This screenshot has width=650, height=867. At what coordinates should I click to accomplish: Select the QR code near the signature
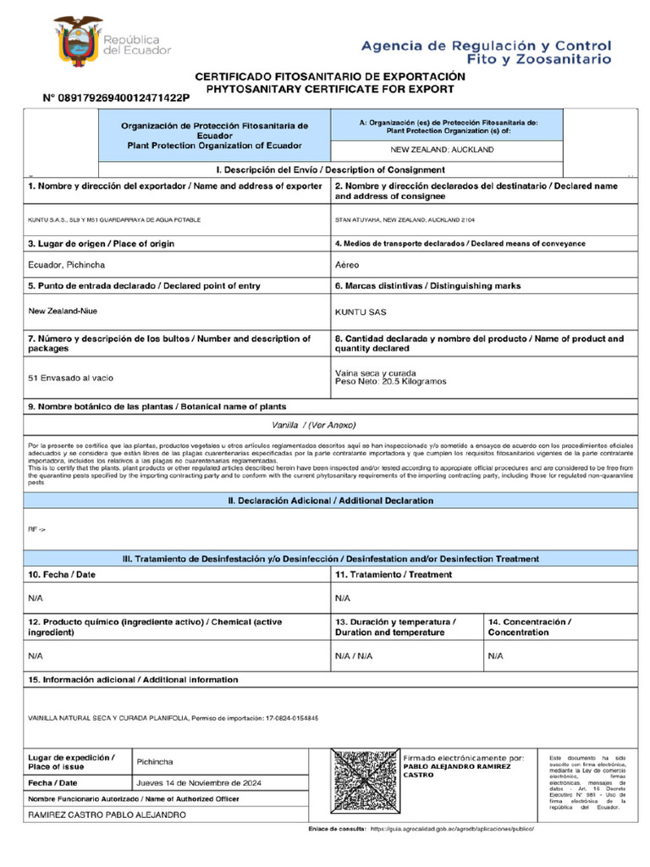pos(364,781)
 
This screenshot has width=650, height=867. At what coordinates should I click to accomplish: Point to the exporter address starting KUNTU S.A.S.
pos(115,220)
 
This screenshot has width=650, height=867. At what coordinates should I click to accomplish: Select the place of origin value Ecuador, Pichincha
pos(67,265)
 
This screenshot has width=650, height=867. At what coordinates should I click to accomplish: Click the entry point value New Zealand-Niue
pos(63,311)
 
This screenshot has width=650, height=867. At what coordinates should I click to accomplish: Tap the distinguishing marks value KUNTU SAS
pos(361,312)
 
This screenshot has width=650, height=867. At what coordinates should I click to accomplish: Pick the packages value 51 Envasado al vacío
pos(71,377)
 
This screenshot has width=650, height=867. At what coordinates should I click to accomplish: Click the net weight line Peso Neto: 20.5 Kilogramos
pos(391,382)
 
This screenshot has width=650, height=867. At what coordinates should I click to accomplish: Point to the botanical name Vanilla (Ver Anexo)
pos(314,424)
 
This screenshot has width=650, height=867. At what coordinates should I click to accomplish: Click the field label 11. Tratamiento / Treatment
pos(394,575)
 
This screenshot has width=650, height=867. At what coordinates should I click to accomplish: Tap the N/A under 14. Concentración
pos(496,655)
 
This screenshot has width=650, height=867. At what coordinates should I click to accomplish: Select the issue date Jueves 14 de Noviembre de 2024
pos(200,783)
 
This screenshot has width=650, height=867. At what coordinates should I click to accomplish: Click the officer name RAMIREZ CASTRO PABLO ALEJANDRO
pos(106,815)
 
